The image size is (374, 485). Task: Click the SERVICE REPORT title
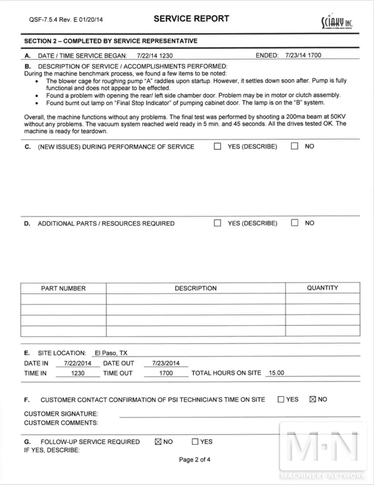tap(191, 19)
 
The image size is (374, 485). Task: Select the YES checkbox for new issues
tap(218, 146)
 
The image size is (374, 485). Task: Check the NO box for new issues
tap(295, 146)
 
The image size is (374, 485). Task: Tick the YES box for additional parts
tap(218, 223)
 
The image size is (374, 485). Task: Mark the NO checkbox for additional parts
tap(295, 223)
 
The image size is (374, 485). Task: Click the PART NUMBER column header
tap(63, 288)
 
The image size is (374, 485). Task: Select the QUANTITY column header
tap(322, 288)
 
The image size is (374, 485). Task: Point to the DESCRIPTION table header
tap(196, 288)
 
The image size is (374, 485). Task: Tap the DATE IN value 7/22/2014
tap(78, 363)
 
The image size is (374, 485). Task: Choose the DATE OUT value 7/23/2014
tap(166, 363)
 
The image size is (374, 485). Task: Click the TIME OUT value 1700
tap(166, 373)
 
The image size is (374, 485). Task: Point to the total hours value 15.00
tap(276, 373)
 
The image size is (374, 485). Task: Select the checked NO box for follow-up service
tap(158, 442)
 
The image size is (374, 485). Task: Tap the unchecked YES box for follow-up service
tap(195, 442)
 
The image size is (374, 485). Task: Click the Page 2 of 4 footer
tap(194, 460)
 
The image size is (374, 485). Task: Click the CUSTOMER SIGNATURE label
tap(61, 414)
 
